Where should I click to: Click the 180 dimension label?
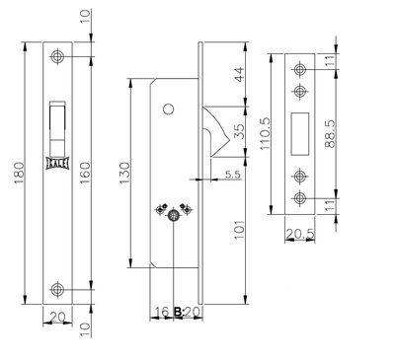[19, 173]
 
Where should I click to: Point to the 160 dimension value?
[85, 174]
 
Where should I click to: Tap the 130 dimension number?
[125, 174]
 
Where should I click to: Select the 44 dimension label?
[239, 74]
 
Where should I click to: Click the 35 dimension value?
[239, 131]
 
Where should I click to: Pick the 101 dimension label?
[239, 230]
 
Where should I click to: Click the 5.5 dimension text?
[233, 175]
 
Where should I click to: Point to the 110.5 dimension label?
[265, 133]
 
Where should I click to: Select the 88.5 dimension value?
[330, 133]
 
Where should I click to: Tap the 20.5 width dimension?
[300, 234]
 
